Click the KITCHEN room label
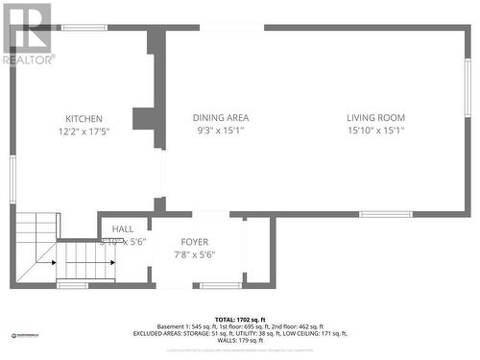click(x=84, y=119)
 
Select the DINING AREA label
click(x=221, y=118)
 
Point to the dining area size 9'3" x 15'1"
click(x=221, y=130)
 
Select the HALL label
click(x=123, y=228)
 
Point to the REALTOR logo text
click(x=29, y=59)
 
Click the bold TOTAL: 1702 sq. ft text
click(x=240, y=319)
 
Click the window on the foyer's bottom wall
click(x=221, y=284)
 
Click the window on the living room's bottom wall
click(x=386, y=214)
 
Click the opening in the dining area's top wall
click(x=231, y=28)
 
